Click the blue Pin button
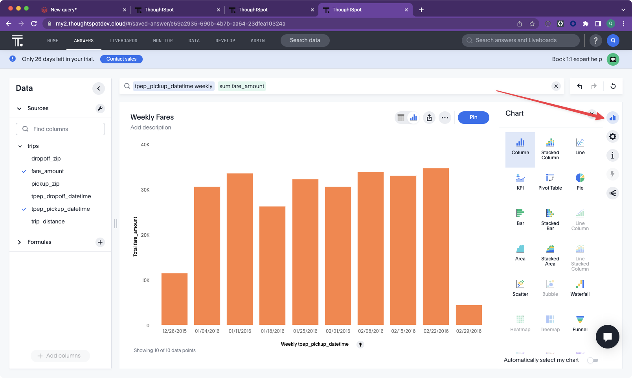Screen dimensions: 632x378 click(x=473, y=118)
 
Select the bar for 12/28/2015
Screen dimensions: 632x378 click(x=175, y=299)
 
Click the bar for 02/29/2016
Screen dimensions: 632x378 click(x=468, y=315)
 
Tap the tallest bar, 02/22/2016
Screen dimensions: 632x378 click(x=435, y=247)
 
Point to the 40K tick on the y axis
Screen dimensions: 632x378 click(x=145, y=144)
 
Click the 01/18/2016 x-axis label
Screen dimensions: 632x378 click(x=272, y=331)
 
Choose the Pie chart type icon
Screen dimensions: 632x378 click(x=580, y=178)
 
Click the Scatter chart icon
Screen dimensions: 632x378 click(x=520, y=284)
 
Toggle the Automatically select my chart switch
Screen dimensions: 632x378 click(x=593, y=360)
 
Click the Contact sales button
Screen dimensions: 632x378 click(x=121, y=59)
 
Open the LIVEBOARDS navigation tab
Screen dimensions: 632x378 click(x=123, y=41)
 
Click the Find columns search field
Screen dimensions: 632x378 click(x=61, y=129)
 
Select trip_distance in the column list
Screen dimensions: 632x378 click(x=48, y=221)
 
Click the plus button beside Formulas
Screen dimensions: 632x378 click(x=100, y=242)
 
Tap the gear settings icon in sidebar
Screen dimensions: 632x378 click(x=612, y=136)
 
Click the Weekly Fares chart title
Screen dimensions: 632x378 click(x=152, y=117)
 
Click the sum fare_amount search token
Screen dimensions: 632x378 click(x=242, y=86)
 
